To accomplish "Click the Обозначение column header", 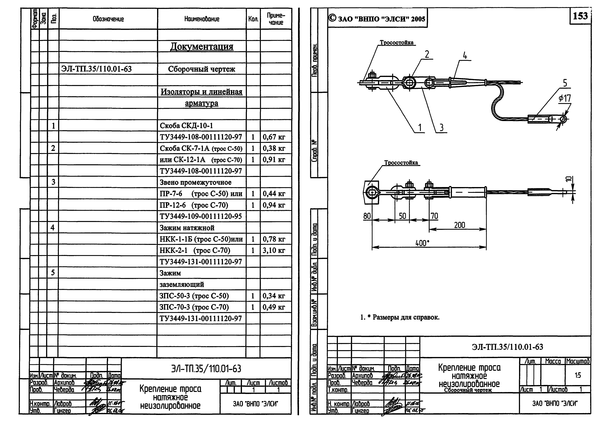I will (108, 19).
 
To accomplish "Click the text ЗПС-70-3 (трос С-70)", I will (194, 307).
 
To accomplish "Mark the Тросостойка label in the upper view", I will (396, 43).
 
